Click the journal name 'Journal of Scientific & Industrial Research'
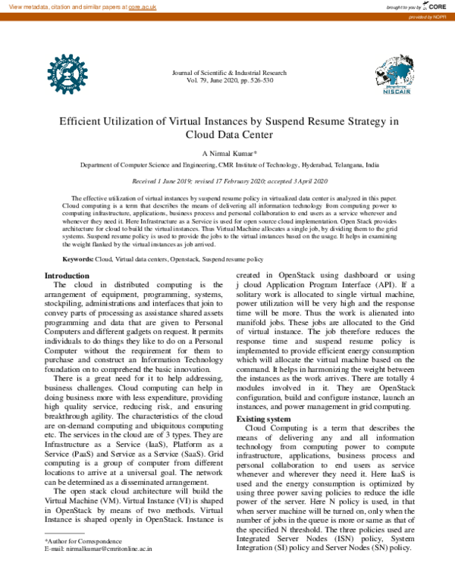[x=230, y=72]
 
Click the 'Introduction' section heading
[x=67, y=275]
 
